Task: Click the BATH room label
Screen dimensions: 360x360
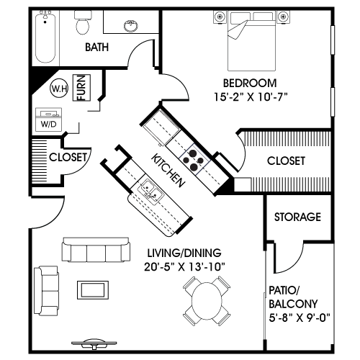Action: tap(97, 48)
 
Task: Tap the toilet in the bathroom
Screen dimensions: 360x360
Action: tap(83, 25)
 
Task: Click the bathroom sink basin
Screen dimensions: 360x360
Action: tap(132, 27)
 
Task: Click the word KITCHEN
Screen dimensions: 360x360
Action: tap(168, 171)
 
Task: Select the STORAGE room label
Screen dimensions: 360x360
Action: tap(297, 217)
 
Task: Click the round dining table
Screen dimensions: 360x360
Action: tap(207, 303)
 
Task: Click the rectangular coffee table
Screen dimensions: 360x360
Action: tap(94, 287)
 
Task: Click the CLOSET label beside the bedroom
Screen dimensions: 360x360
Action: tap(286, 161)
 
